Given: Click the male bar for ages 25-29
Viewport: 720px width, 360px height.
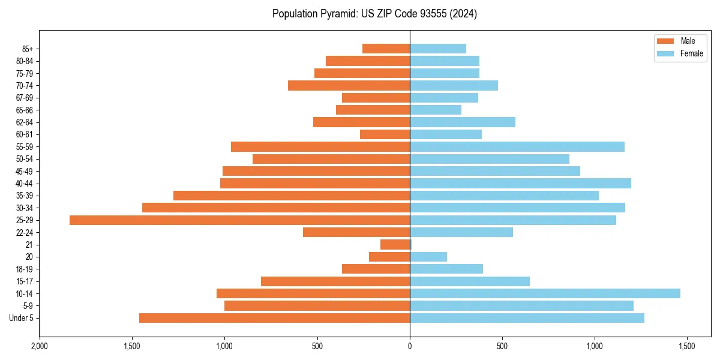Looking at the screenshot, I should [240, 220].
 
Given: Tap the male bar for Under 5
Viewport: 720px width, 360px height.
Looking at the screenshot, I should [274, 318].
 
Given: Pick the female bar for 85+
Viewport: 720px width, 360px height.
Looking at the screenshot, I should [438, 49].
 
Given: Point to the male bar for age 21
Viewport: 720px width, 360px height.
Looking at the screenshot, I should [395, 245].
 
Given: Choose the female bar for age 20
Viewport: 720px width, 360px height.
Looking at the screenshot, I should [428, 257].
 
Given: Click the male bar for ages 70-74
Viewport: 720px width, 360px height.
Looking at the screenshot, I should [349, 85].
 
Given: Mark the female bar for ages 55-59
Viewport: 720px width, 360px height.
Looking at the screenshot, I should [517, 146].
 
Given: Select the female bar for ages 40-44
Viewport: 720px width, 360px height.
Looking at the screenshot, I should [520, 183].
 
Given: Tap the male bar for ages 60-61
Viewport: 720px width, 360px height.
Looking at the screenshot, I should [385, 134].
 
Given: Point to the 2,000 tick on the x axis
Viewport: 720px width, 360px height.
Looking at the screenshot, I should [40, 347].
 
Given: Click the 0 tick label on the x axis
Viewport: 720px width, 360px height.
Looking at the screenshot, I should [410, 347].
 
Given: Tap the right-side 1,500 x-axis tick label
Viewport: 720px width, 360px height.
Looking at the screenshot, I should [687, 347].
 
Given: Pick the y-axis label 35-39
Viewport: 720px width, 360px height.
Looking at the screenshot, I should [25, 196].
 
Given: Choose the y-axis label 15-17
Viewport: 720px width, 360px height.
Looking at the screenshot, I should [25, 281].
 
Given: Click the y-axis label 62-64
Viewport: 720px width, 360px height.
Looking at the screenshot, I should [25, 122].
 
